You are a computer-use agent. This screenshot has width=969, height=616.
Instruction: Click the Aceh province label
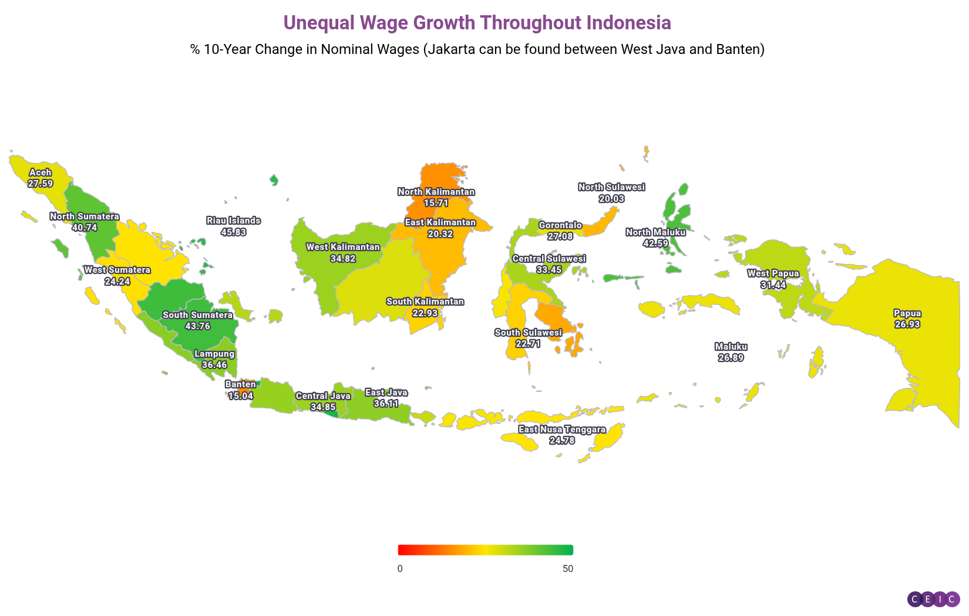coord(40,172)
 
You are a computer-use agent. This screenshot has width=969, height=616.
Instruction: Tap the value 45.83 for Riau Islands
coord(233,232)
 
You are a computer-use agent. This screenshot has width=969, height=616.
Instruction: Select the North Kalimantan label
coord(436,192)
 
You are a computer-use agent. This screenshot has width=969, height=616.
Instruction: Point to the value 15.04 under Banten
coord(241,396)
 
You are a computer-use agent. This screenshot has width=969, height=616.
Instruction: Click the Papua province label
coord(907,313)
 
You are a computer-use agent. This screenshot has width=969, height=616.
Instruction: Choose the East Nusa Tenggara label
coord(561,429)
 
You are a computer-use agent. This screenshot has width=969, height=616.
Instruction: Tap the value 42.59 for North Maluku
coord(655,243)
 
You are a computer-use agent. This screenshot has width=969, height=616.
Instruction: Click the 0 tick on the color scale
coord(400,569)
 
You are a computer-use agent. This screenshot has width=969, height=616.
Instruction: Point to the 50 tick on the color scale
coord(567,569)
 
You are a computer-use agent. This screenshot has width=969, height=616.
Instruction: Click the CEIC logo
coord(933,599)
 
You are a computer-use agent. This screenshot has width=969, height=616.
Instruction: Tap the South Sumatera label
coord(197,315)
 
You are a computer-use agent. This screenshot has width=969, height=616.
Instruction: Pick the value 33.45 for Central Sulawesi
coord(549,270)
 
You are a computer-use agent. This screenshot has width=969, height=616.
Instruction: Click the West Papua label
coord(773,273)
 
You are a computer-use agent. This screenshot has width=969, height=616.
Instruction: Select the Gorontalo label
coord(560,225)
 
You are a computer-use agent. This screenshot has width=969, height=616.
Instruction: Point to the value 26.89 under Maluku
coord(731,358)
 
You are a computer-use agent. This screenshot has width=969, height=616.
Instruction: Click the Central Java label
coord(322,396)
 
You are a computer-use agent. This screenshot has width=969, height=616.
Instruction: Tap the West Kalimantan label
coord(343,247)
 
